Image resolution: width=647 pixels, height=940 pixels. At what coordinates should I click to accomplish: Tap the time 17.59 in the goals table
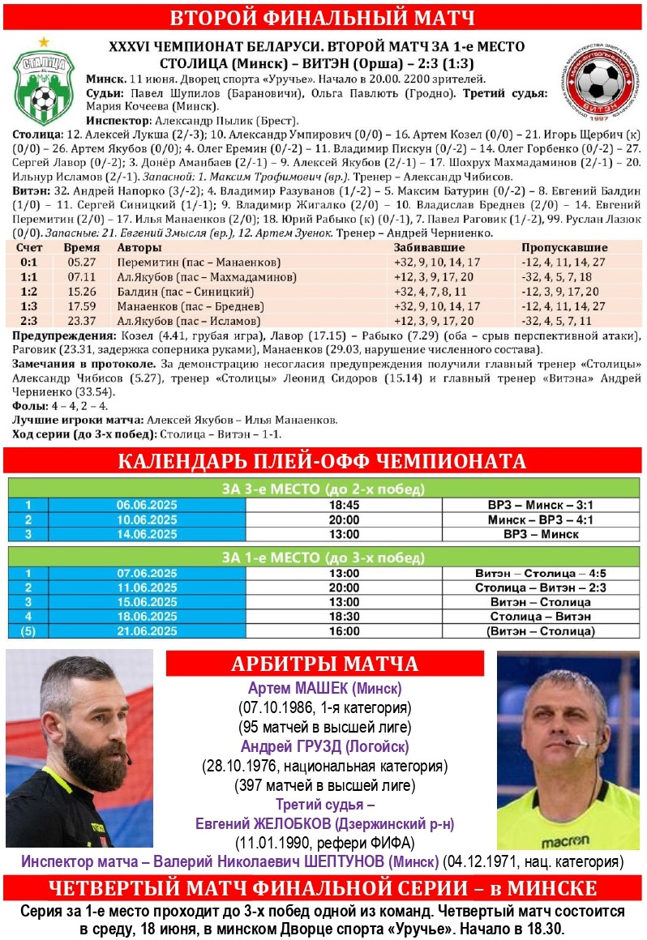(x=83, y=306)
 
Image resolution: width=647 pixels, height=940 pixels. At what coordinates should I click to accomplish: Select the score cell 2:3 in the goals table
(x=29, y=321)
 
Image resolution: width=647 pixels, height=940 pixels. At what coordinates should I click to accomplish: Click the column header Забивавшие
(x=429, y=247)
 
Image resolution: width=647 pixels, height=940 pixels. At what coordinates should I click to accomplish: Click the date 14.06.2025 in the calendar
(x=146, y=534)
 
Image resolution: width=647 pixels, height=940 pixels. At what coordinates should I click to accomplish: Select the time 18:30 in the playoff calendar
(x=344, y=617)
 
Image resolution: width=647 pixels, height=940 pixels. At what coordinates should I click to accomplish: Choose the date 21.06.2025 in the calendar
(x=146, y=630)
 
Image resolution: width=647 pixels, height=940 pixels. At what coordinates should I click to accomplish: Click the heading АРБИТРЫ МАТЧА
(x=324, y=664)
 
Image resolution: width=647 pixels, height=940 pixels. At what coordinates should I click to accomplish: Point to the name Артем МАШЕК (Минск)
(x=324, y=689)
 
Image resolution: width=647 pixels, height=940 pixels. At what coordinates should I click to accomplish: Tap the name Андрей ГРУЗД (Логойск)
(x=324, y=746)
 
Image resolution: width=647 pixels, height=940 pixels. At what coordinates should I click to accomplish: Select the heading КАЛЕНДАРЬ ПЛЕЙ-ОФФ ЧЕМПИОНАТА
(x=323, y=461)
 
